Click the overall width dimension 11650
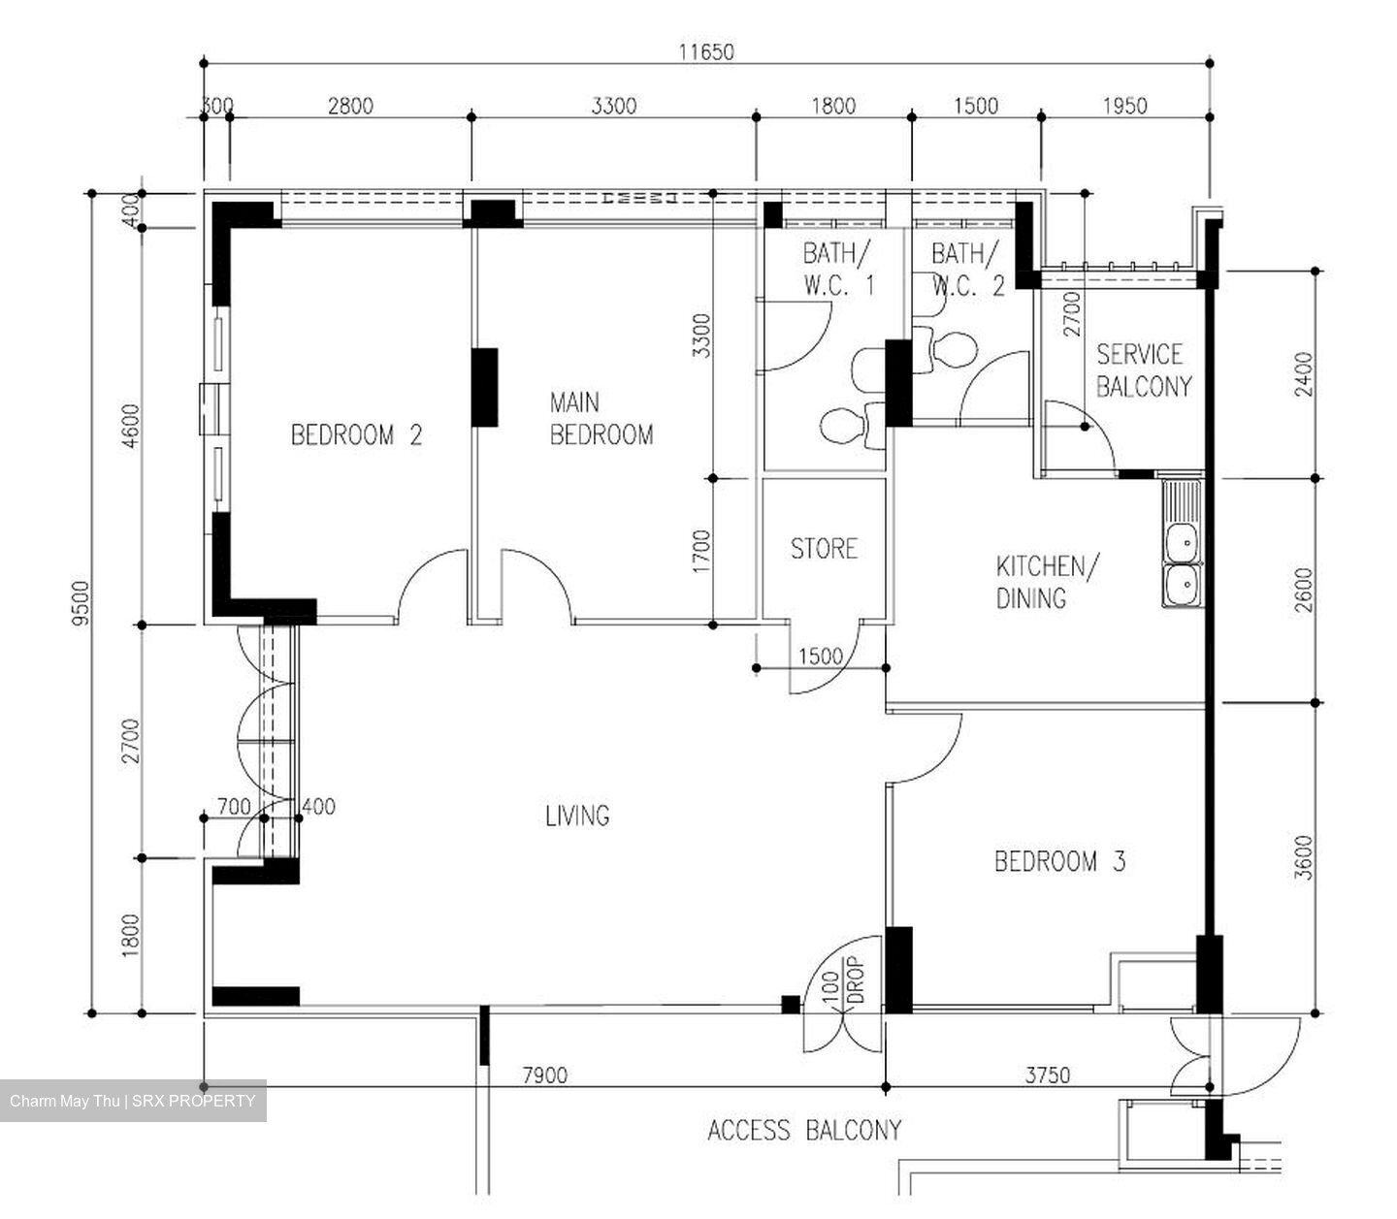click(x=706, y=52)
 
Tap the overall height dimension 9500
click(x=81, y=602)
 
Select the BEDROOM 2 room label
click(x=356, y=435)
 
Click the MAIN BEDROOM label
click(x=601, y=419)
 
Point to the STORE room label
click(x=824, y=549)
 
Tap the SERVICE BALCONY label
click(x=1143, y=370)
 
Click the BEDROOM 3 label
click(x=1059, y=861)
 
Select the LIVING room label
click(x=577, y=816)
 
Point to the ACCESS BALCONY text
click(x=804, y=1130)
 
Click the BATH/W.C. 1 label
click(x=838, y=270)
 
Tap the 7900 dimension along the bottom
click(x=545, y=1075)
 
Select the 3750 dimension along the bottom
click(x=1048, y=1075)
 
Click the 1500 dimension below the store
click(x=820, y=657)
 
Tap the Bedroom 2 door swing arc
click(x=432, y=582)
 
